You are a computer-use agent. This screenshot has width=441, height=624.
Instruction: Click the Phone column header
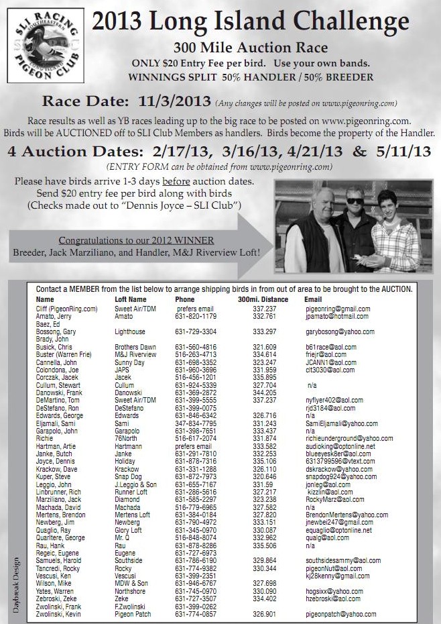click(x=184, y=299)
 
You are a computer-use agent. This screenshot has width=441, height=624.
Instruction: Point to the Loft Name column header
click(x=131, y=299)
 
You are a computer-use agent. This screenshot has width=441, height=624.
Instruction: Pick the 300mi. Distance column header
click(x=263, y=299)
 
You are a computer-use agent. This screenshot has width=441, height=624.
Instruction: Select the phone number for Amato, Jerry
click(x=195, y=316)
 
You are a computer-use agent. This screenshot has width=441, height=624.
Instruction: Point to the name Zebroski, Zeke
click(x=56, y=599)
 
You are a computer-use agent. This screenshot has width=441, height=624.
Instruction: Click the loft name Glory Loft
click(x=129, y=529)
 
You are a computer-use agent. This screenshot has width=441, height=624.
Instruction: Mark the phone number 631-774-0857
click(x=195, y=614)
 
